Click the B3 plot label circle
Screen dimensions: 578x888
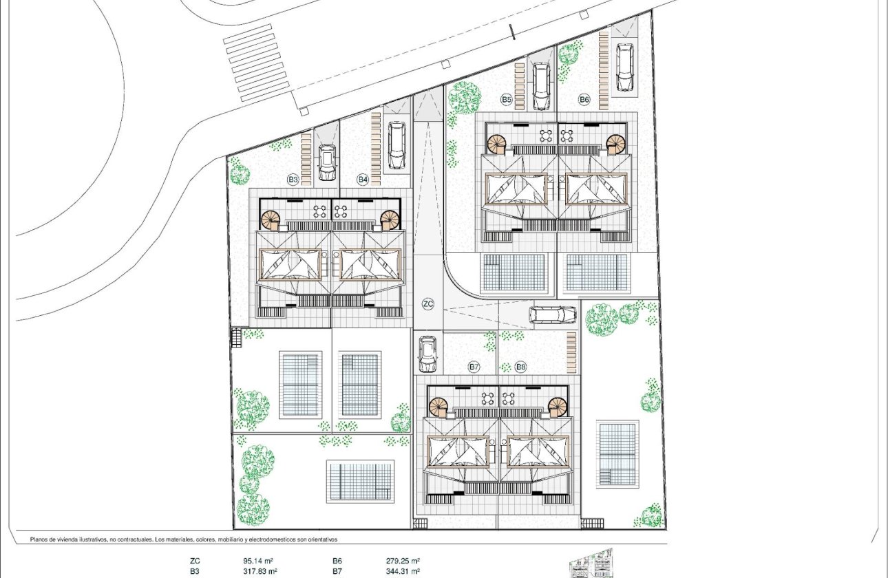[293, 180]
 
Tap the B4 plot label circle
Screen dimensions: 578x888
[363, 180]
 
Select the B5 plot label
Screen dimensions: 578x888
[507, 100]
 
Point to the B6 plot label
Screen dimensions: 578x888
[584, 100]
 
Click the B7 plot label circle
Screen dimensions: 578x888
[474, 367]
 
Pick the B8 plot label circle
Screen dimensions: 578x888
[521, 367]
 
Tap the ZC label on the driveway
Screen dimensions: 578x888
[428, 303]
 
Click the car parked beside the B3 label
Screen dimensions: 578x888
[327, 162]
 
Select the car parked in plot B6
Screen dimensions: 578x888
[625, 67]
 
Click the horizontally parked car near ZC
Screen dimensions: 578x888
[553, 314]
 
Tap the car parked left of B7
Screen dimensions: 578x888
[427, 354]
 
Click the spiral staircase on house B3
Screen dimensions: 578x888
[271, 220]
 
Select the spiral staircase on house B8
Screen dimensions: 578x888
[560, 407]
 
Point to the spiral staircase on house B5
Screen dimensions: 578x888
[496, 144]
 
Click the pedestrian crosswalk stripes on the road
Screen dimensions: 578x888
[254, 63]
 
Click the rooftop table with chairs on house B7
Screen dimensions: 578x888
[488, 398]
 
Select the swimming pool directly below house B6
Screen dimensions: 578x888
[597, 272]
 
